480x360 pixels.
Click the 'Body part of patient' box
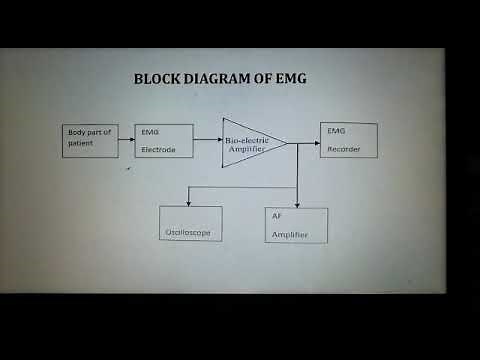(90, 140)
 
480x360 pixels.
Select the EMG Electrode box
(165, 141)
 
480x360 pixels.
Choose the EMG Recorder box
(349, 140)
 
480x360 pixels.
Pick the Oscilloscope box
(190, 224)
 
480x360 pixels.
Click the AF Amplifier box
(296, 225)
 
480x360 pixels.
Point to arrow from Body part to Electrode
(127, 140)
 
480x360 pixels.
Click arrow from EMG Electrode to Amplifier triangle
(208, 141)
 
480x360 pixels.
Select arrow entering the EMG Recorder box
(305, 141)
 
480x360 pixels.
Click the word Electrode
(159, 149)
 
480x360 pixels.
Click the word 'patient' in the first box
(81, 143)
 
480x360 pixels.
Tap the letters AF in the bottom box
(277, 216)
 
